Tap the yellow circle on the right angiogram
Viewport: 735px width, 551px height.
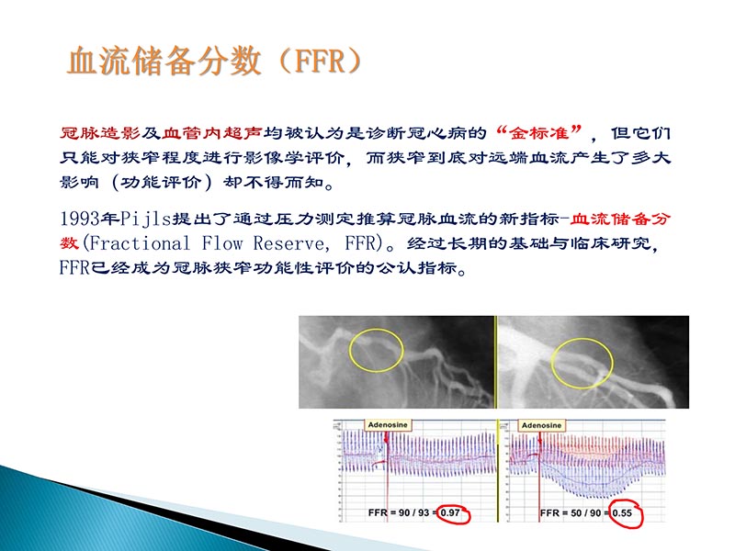(x=582, y=362)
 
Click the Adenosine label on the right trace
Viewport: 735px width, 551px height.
(x=543, y=426)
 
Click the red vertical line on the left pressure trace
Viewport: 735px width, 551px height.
(x=389, y=478)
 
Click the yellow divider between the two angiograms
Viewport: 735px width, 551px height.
(x=495, y=363)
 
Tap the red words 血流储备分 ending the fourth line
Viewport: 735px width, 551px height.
(x=625, y=219)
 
